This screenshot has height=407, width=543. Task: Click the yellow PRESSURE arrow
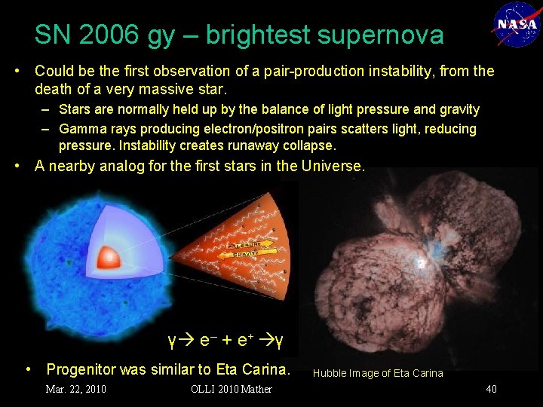[x=241, y=245]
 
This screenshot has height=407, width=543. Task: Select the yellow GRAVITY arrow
[x=242, y=254]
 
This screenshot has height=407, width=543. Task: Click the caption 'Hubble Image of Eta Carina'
[x=378, y=373]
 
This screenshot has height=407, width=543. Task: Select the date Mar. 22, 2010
[x=75, y=389]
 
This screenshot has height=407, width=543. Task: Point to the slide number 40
[x=491, y=389]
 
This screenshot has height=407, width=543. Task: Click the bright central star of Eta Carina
[x=419, y=263]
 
